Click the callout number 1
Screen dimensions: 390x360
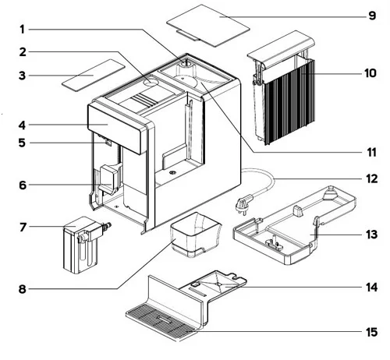click(22, 30)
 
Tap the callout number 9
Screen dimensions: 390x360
click(372, 16)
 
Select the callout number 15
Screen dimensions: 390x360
click(371, 332)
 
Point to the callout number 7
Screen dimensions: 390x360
click(23, 228)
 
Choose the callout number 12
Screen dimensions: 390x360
click(371, 178)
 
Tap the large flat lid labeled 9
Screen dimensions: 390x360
click(208, 26)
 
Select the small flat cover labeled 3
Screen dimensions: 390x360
click(93, 76)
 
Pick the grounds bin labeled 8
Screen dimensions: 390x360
click(196, 235)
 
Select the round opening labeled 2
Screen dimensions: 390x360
click(151, 82)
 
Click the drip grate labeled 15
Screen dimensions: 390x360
click(161, 322)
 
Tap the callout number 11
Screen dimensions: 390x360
click(371, 152)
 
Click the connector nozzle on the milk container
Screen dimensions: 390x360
click(107, 226)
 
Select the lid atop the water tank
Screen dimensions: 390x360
click(281, 49)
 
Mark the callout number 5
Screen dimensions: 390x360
click(23, 143)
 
